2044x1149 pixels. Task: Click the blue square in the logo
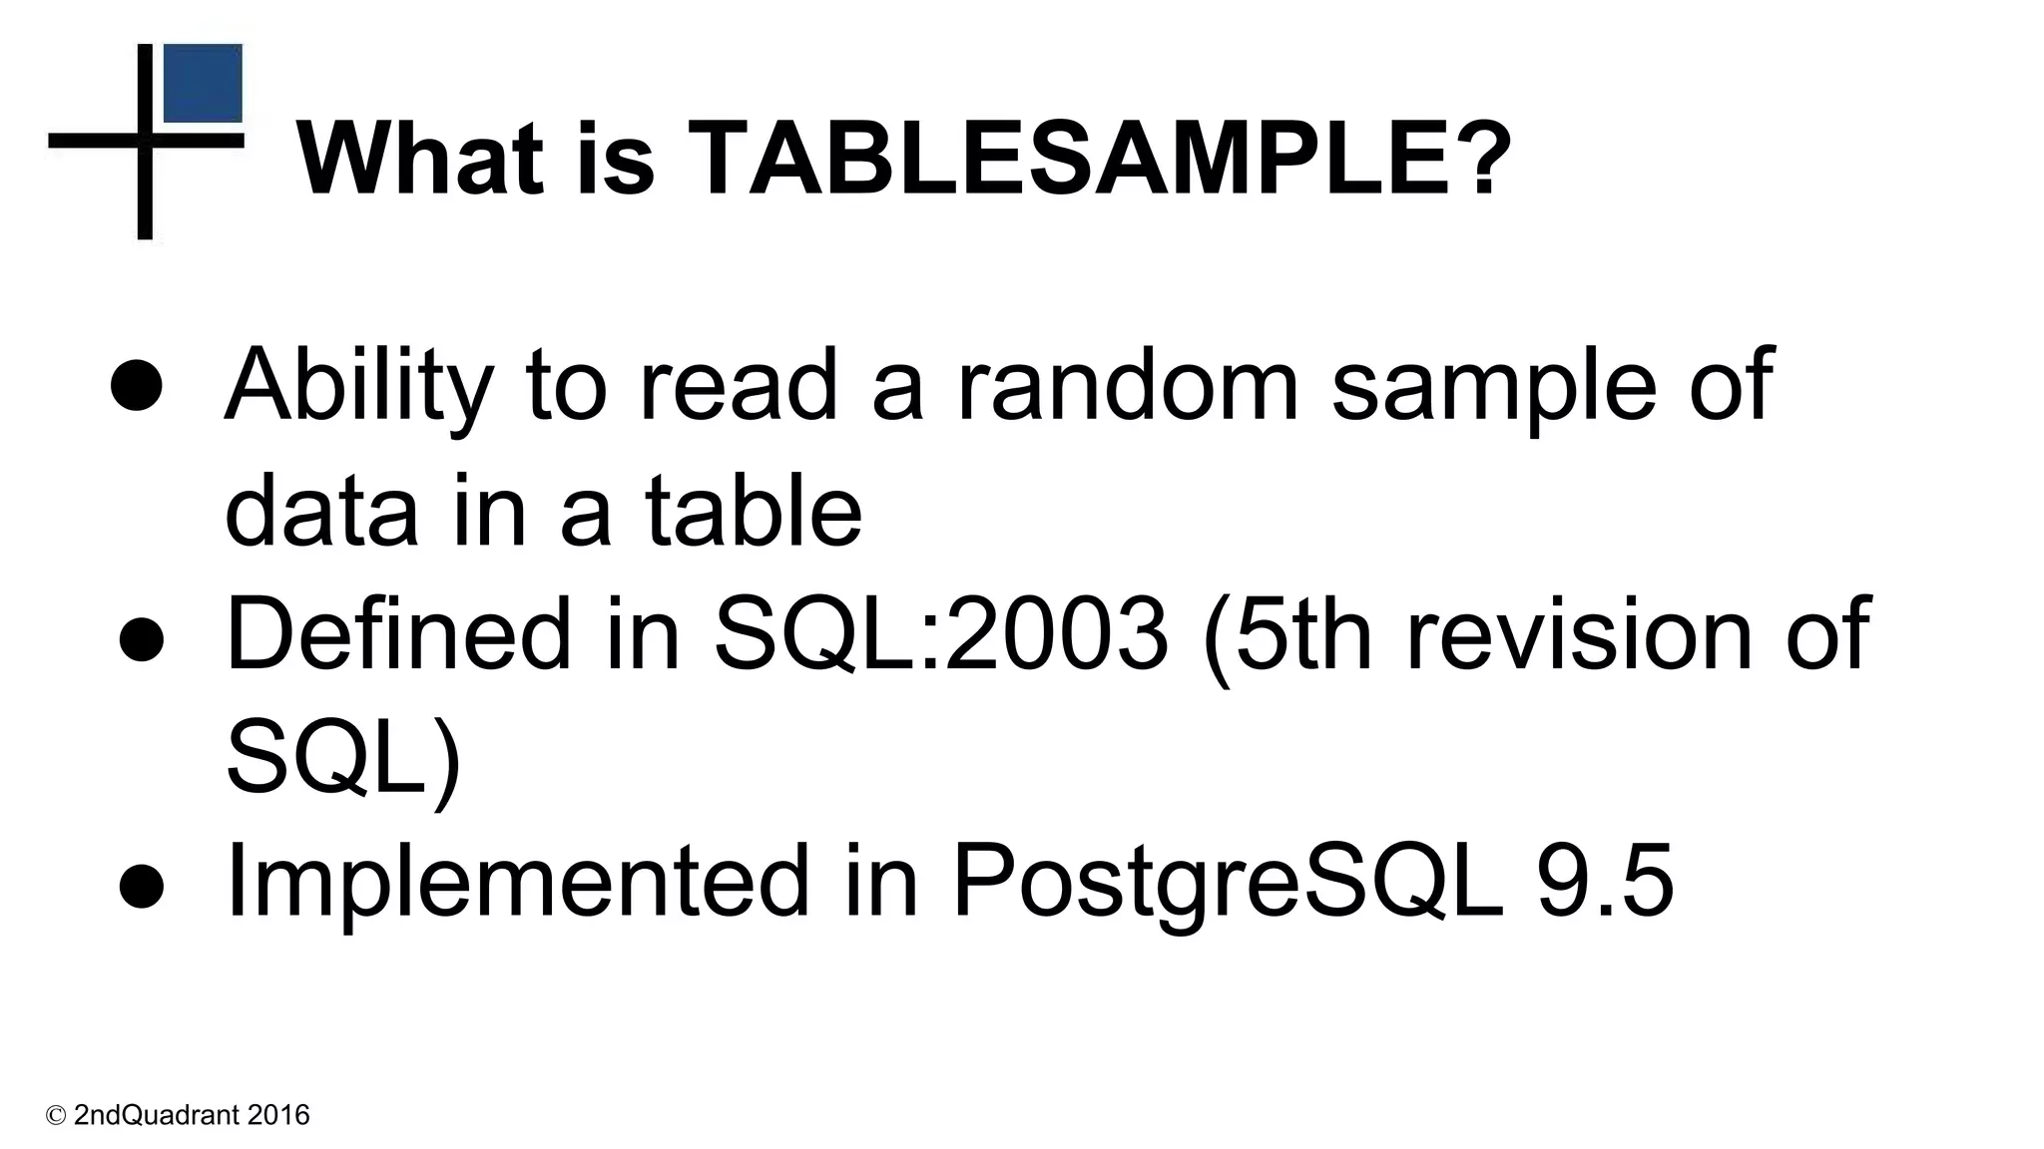pos(203,84)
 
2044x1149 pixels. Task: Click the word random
pos(1128,385)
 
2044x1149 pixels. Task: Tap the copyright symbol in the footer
pos(56,1115)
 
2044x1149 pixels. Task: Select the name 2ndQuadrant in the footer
pos(157,1115)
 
